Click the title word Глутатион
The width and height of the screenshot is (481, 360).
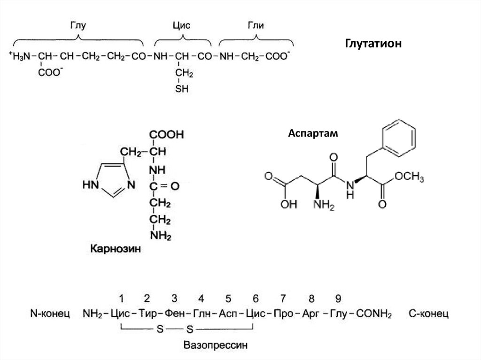pyautogui.click(x=374, y=44)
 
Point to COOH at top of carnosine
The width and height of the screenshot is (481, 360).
pyautogui.click(x=167, y=135)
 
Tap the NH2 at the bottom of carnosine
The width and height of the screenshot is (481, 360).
pyautogui.click(x=161, y=235)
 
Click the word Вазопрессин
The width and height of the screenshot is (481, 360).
pyautogui.click(x=215, y=345)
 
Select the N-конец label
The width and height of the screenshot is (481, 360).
pyautogui.click(x=49, y=313)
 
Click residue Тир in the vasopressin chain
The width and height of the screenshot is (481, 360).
pyautogui.click(x=147, y=313)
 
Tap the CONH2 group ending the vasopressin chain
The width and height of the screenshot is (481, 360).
pyautogui.click(x=373, y=313)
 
